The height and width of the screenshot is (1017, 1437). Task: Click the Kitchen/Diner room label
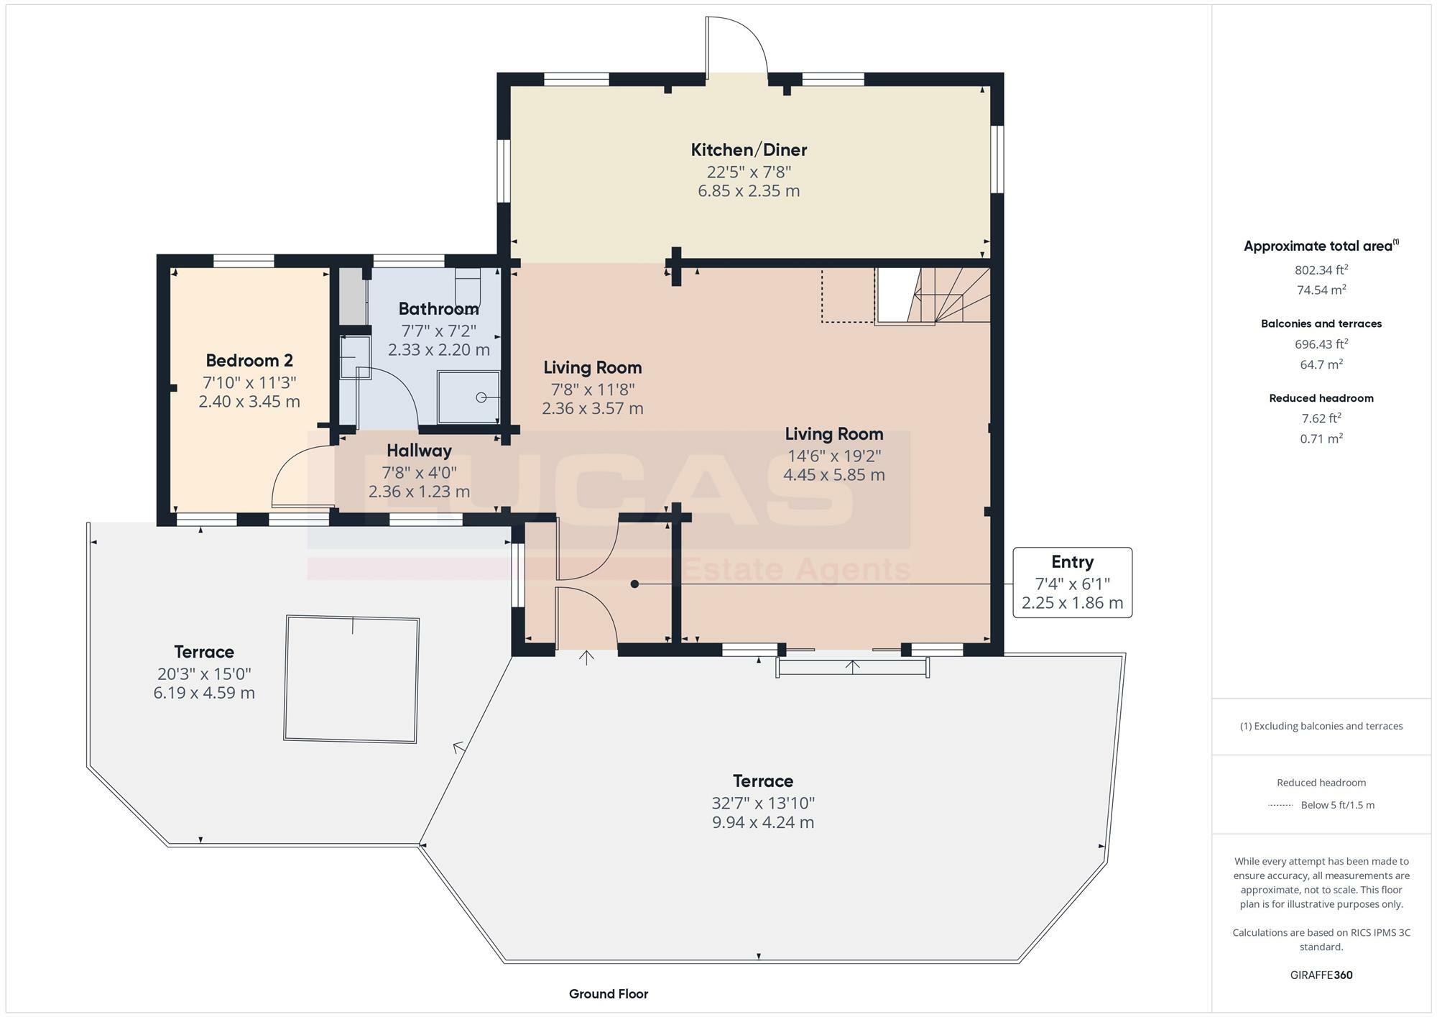749,150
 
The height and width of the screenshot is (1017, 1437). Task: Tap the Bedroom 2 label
249,361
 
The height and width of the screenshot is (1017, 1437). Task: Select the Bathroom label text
438,309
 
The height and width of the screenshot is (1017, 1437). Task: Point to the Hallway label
419,451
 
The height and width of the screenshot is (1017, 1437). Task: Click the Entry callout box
1072,582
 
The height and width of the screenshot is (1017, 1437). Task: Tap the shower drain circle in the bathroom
481,397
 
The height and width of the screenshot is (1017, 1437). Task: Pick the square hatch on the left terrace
351,678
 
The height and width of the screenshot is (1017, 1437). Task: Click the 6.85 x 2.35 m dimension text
749,191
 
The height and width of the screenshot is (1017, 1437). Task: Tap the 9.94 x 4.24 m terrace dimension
762,823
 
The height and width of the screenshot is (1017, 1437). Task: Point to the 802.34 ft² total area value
1321,270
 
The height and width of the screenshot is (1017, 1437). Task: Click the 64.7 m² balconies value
1321,364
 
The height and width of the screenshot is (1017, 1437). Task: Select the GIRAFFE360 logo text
1321,975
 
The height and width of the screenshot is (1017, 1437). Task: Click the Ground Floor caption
608,994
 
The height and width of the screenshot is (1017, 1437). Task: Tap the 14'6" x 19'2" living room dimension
833,456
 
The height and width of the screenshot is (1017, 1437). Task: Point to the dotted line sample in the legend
1280,805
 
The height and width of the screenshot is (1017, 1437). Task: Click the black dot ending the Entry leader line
634,584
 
